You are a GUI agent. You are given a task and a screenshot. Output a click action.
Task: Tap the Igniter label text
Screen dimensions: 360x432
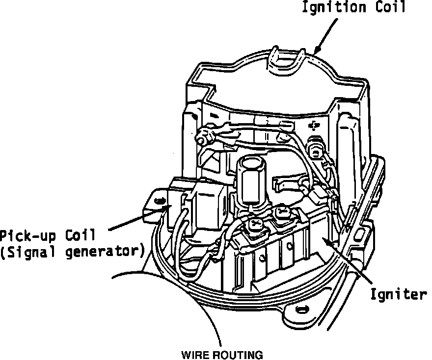398,295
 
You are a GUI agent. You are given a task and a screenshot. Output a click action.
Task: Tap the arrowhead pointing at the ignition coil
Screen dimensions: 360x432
316,50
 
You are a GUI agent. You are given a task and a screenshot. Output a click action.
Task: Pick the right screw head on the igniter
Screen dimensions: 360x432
282,212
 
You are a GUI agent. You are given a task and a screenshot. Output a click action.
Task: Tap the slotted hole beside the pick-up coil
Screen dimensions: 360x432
159,200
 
